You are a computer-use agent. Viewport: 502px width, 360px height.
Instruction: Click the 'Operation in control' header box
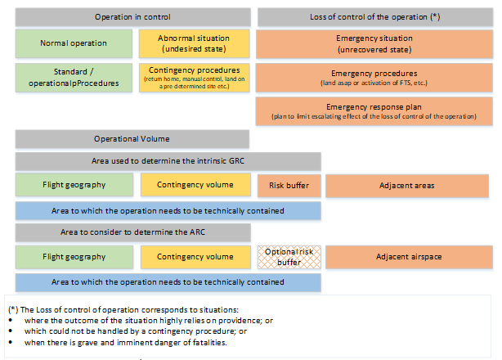coord(133,17)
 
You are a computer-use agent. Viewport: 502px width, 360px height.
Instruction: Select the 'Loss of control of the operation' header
coord(375,17)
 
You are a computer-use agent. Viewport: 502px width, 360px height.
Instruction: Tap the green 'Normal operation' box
coord(74,43)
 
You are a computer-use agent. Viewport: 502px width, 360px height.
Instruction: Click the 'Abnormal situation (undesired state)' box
coord(194,43)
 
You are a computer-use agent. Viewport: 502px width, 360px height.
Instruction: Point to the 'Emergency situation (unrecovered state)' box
coord(374,44)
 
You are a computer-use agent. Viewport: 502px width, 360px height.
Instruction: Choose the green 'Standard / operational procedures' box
coord(74,78)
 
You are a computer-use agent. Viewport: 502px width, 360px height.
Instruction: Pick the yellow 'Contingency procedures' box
coord(194,78)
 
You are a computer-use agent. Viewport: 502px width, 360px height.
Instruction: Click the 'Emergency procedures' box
coord(374,78)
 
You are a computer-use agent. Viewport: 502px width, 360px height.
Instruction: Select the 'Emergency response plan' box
coord(374,110)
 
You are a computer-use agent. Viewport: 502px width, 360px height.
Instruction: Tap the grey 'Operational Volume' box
coord(132,139)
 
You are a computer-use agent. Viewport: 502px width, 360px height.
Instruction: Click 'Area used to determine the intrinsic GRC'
coord(168,161)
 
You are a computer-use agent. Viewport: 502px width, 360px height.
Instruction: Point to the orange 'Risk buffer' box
coord(289,186)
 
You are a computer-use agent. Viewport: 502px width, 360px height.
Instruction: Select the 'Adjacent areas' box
coord(407,186)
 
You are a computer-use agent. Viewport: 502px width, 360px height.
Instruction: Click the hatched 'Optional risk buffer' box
coord(289,257)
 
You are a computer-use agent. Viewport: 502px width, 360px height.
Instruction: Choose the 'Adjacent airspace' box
coord(409,257)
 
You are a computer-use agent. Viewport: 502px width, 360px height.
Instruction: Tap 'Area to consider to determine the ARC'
coord(133,232)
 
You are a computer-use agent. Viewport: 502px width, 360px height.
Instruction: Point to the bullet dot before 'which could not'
coord(11,331)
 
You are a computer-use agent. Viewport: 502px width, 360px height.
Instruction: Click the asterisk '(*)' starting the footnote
coord(13,310)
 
